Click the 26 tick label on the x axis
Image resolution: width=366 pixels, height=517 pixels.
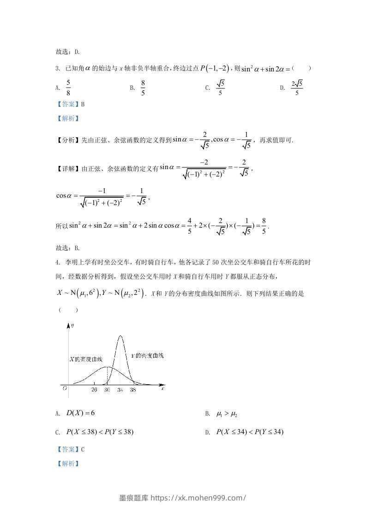click(94, 390)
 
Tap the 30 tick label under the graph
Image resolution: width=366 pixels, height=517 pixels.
click(107, 390)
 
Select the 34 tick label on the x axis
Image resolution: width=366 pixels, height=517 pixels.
click(120, 390)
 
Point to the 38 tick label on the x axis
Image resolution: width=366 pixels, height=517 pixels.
click(133, 390)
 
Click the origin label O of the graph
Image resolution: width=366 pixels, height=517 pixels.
click(65, 389)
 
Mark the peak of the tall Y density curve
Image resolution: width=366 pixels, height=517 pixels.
click(120, 336)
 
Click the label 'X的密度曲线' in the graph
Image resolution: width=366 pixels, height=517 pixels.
click(85, 359)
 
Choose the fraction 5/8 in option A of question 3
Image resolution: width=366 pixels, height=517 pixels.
click(68, 87)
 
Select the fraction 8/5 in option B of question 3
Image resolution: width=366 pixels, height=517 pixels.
click(143, 87)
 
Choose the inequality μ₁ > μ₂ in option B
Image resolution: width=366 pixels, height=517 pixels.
click(227, 414)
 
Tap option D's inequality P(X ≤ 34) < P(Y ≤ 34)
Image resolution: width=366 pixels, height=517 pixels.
click(249, 432)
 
